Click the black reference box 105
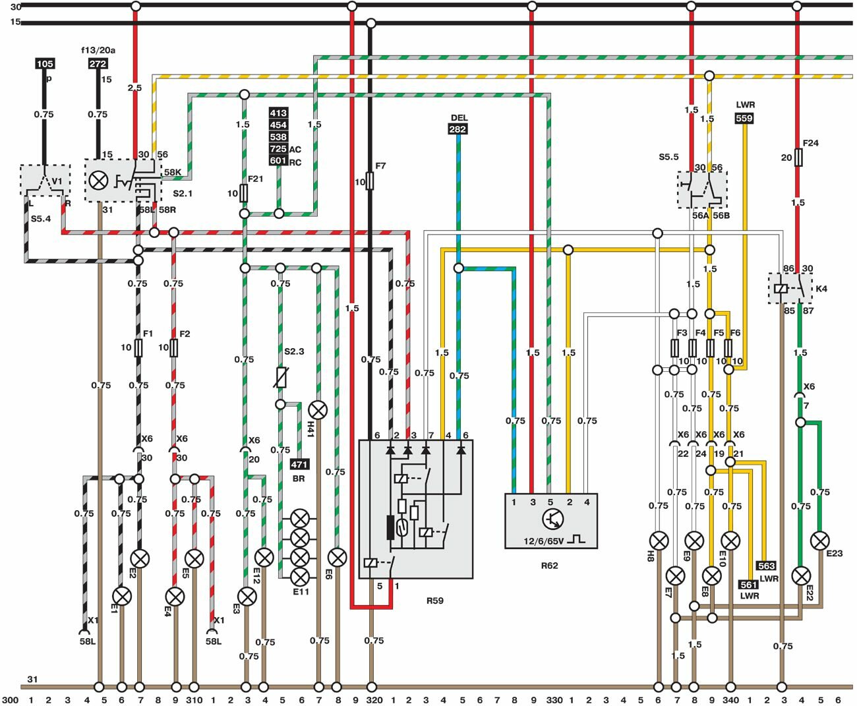[45, 64]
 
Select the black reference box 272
[98, 64]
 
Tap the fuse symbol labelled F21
[245, 193]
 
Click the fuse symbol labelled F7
[370, 180]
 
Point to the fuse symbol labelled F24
[798, 158]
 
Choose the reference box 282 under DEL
[458, 129]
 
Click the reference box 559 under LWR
[744, 119]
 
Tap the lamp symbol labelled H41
[318, 411]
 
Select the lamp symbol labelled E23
[819, 541]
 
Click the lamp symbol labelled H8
[658, 541]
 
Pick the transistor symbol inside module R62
[552, 519]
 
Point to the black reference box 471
[299, 465]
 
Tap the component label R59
[435, 601]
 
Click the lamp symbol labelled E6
[337, 558]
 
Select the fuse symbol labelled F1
[138, 347]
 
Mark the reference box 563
[766, 566]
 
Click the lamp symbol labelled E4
[175, 597]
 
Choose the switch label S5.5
[668, 157]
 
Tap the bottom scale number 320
[373, 700]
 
